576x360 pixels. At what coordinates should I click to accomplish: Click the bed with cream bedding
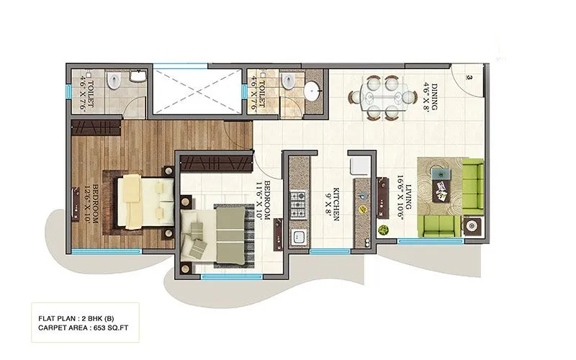pos(144,202)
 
